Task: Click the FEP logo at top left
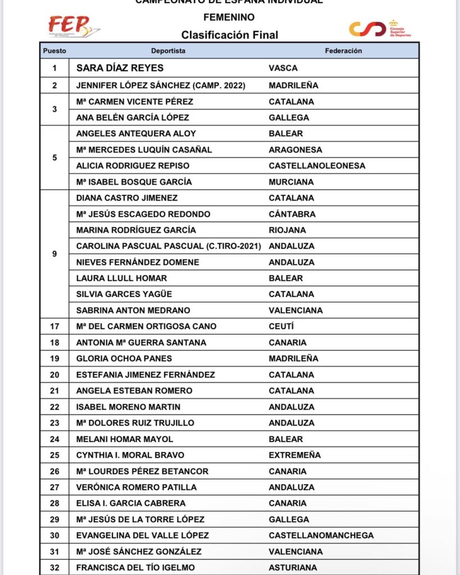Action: coord(74,26)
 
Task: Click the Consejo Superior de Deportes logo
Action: coord(380,28)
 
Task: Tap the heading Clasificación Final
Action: coord(229,35)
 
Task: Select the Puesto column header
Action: coord(54,51)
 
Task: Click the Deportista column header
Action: coord(168,51)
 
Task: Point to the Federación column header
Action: coord(343,51)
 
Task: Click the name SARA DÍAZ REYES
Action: coord(120,68)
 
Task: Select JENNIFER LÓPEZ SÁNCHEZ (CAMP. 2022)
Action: coord(167,85)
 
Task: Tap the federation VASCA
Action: coord(283,68)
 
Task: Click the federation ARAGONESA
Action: coord(295,150)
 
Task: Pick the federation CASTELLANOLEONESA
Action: coord(317,166)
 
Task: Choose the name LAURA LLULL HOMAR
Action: coord(121,278)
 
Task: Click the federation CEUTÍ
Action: coord(281,326)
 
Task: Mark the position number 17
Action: coord(54,326)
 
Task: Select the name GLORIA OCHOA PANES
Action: coord(124,358)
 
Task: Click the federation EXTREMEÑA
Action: coord(295,455)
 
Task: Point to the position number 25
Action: coord(54,455)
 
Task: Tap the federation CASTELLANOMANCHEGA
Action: coord(321,535)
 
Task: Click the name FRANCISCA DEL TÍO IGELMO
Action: coord(135,568)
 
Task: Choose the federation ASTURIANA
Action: coord(293,568)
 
